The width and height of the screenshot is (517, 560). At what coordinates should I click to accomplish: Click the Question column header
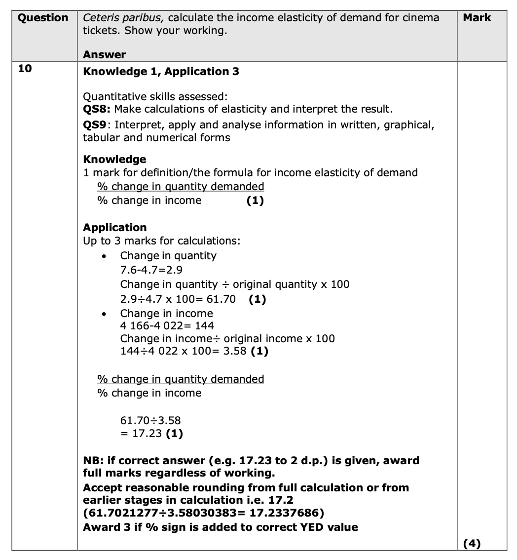[43, 18]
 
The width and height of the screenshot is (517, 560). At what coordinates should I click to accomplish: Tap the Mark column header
[477, 18]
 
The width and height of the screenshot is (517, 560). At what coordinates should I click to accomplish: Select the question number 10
[25, 69]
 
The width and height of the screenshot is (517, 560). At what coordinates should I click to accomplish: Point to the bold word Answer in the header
[104, 54]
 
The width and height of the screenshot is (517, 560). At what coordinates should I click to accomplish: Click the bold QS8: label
[97, 109]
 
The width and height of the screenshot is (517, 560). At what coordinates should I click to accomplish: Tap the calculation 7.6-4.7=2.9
[151, 270]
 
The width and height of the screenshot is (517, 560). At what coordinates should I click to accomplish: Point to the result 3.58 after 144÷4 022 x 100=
[237, 351]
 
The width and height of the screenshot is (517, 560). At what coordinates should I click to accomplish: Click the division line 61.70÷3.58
[150, 421]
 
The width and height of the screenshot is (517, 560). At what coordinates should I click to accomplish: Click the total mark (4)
[472, 544]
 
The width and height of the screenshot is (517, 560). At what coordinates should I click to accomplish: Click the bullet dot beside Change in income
[104, 315]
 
